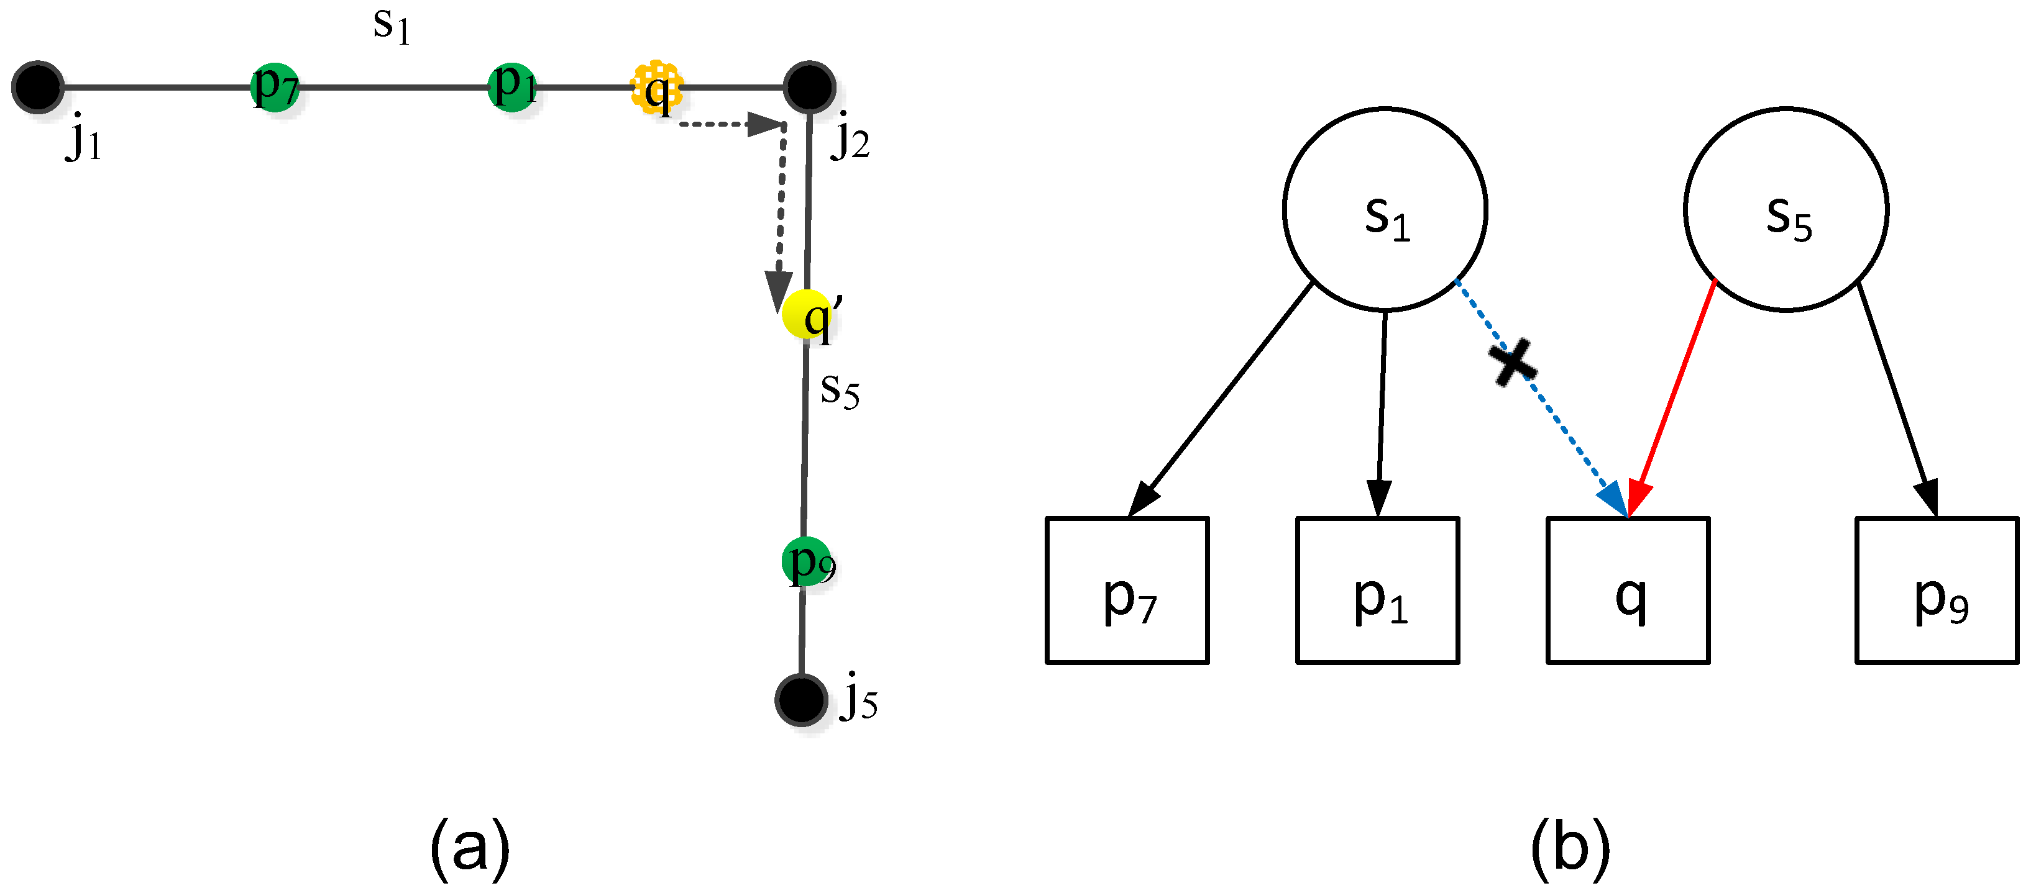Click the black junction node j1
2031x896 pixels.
pyautogui.click(x=37, y=87)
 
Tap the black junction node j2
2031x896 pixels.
pyautogui.click(x=810, y=87)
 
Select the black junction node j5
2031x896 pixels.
pyautogui.click(x=801, y=700)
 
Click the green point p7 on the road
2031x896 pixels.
pyautogui.click(x=274, y=87)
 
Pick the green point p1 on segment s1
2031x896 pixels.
pyautogui.click(x=513, y=87)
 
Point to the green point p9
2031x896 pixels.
pyautogui.click(x=807, y=562)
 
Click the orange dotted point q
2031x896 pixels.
pyautogui.click(x=657, y=87)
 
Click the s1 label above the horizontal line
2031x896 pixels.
pyautogui.click(x=391, y=27)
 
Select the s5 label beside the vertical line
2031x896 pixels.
pyautogui.click(x=840, y=390)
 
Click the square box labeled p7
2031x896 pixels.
pyautogui.click(x=1127, y=591)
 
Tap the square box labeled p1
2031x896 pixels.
pyautogui.click(x=1377, y=591)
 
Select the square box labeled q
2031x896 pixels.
pyautogui.click(x=1628, y=591)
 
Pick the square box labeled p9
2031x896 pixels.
pyautogui.click(x=1937, y=591)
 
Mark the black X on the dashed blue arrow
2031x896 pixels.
pyautogui.click(x=1512, y=363)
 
